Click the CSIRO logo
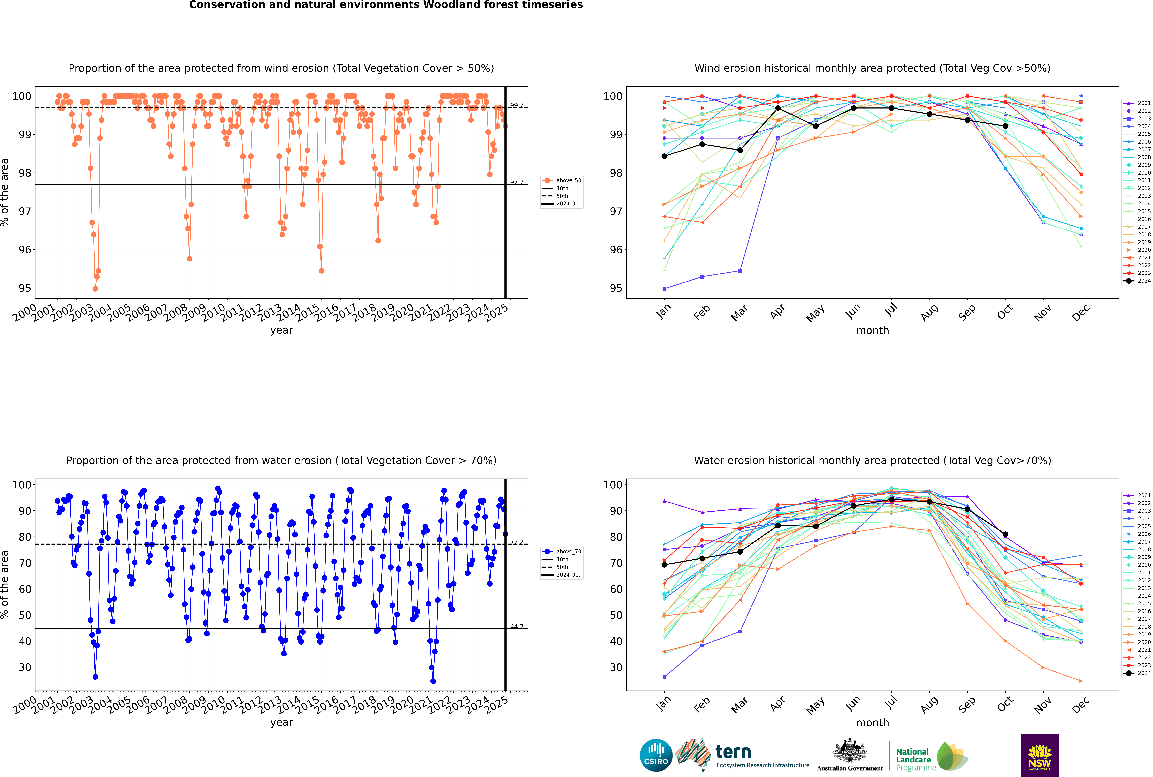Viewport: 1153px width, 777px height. click(x=656, y=755)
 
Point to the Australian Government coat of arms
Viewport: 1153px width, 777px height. click(x=850, y=751)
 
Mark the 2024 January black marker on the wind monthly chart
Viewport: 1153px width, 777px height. click(x=664, y=156)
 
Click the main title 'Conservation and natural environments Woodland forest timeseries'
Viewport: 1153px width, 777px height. click(x=386, y=5)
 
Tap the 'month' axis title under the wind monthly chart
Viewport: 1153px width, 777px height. click(x=872, y=331)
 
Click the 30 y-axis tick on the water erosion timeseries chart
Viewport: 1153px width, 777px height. click(x=25, y=667)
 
